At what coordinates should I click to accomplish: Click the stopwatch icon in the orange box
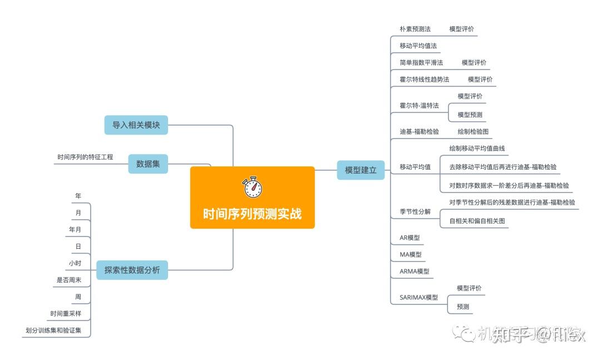point(252,188)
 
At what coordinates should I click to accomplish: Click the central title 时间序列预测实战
point(252,214)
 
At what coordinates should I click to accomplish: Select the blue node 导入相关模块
point(136,125)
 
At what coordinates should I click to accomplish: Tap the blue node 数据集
point(148,164)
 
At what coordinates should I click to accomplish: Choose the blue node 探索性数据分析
point(132,270)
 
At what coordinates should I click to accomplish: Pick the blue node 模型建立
point(361,170)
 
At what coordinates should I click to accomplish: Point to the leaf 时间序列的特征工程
point(85,157)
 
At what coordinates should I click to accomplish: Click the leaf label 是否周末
point(69,280)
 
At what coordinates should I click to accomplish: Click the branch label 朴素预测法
point(415,29)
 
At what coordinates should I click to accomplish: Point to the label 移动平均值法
point(418,46)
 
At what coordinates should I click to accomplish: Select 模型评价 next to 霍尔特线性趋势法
point(480,80)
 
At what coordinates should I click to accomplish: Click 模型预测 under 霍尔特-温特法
point(470,115)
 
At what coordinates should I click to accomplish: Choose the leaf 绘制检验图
point(473,132)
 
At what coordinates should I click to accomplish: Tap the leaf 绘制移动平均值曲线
point(477,149)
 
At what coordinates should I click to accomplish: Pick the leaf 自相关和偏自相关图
point(477,221)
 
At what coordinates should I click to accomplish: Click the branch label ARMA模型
point(415,272)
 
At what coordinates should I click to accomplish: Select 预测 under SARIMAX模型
point(463,307)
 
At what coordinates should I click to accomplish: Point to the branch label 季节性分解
point(415,211)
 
